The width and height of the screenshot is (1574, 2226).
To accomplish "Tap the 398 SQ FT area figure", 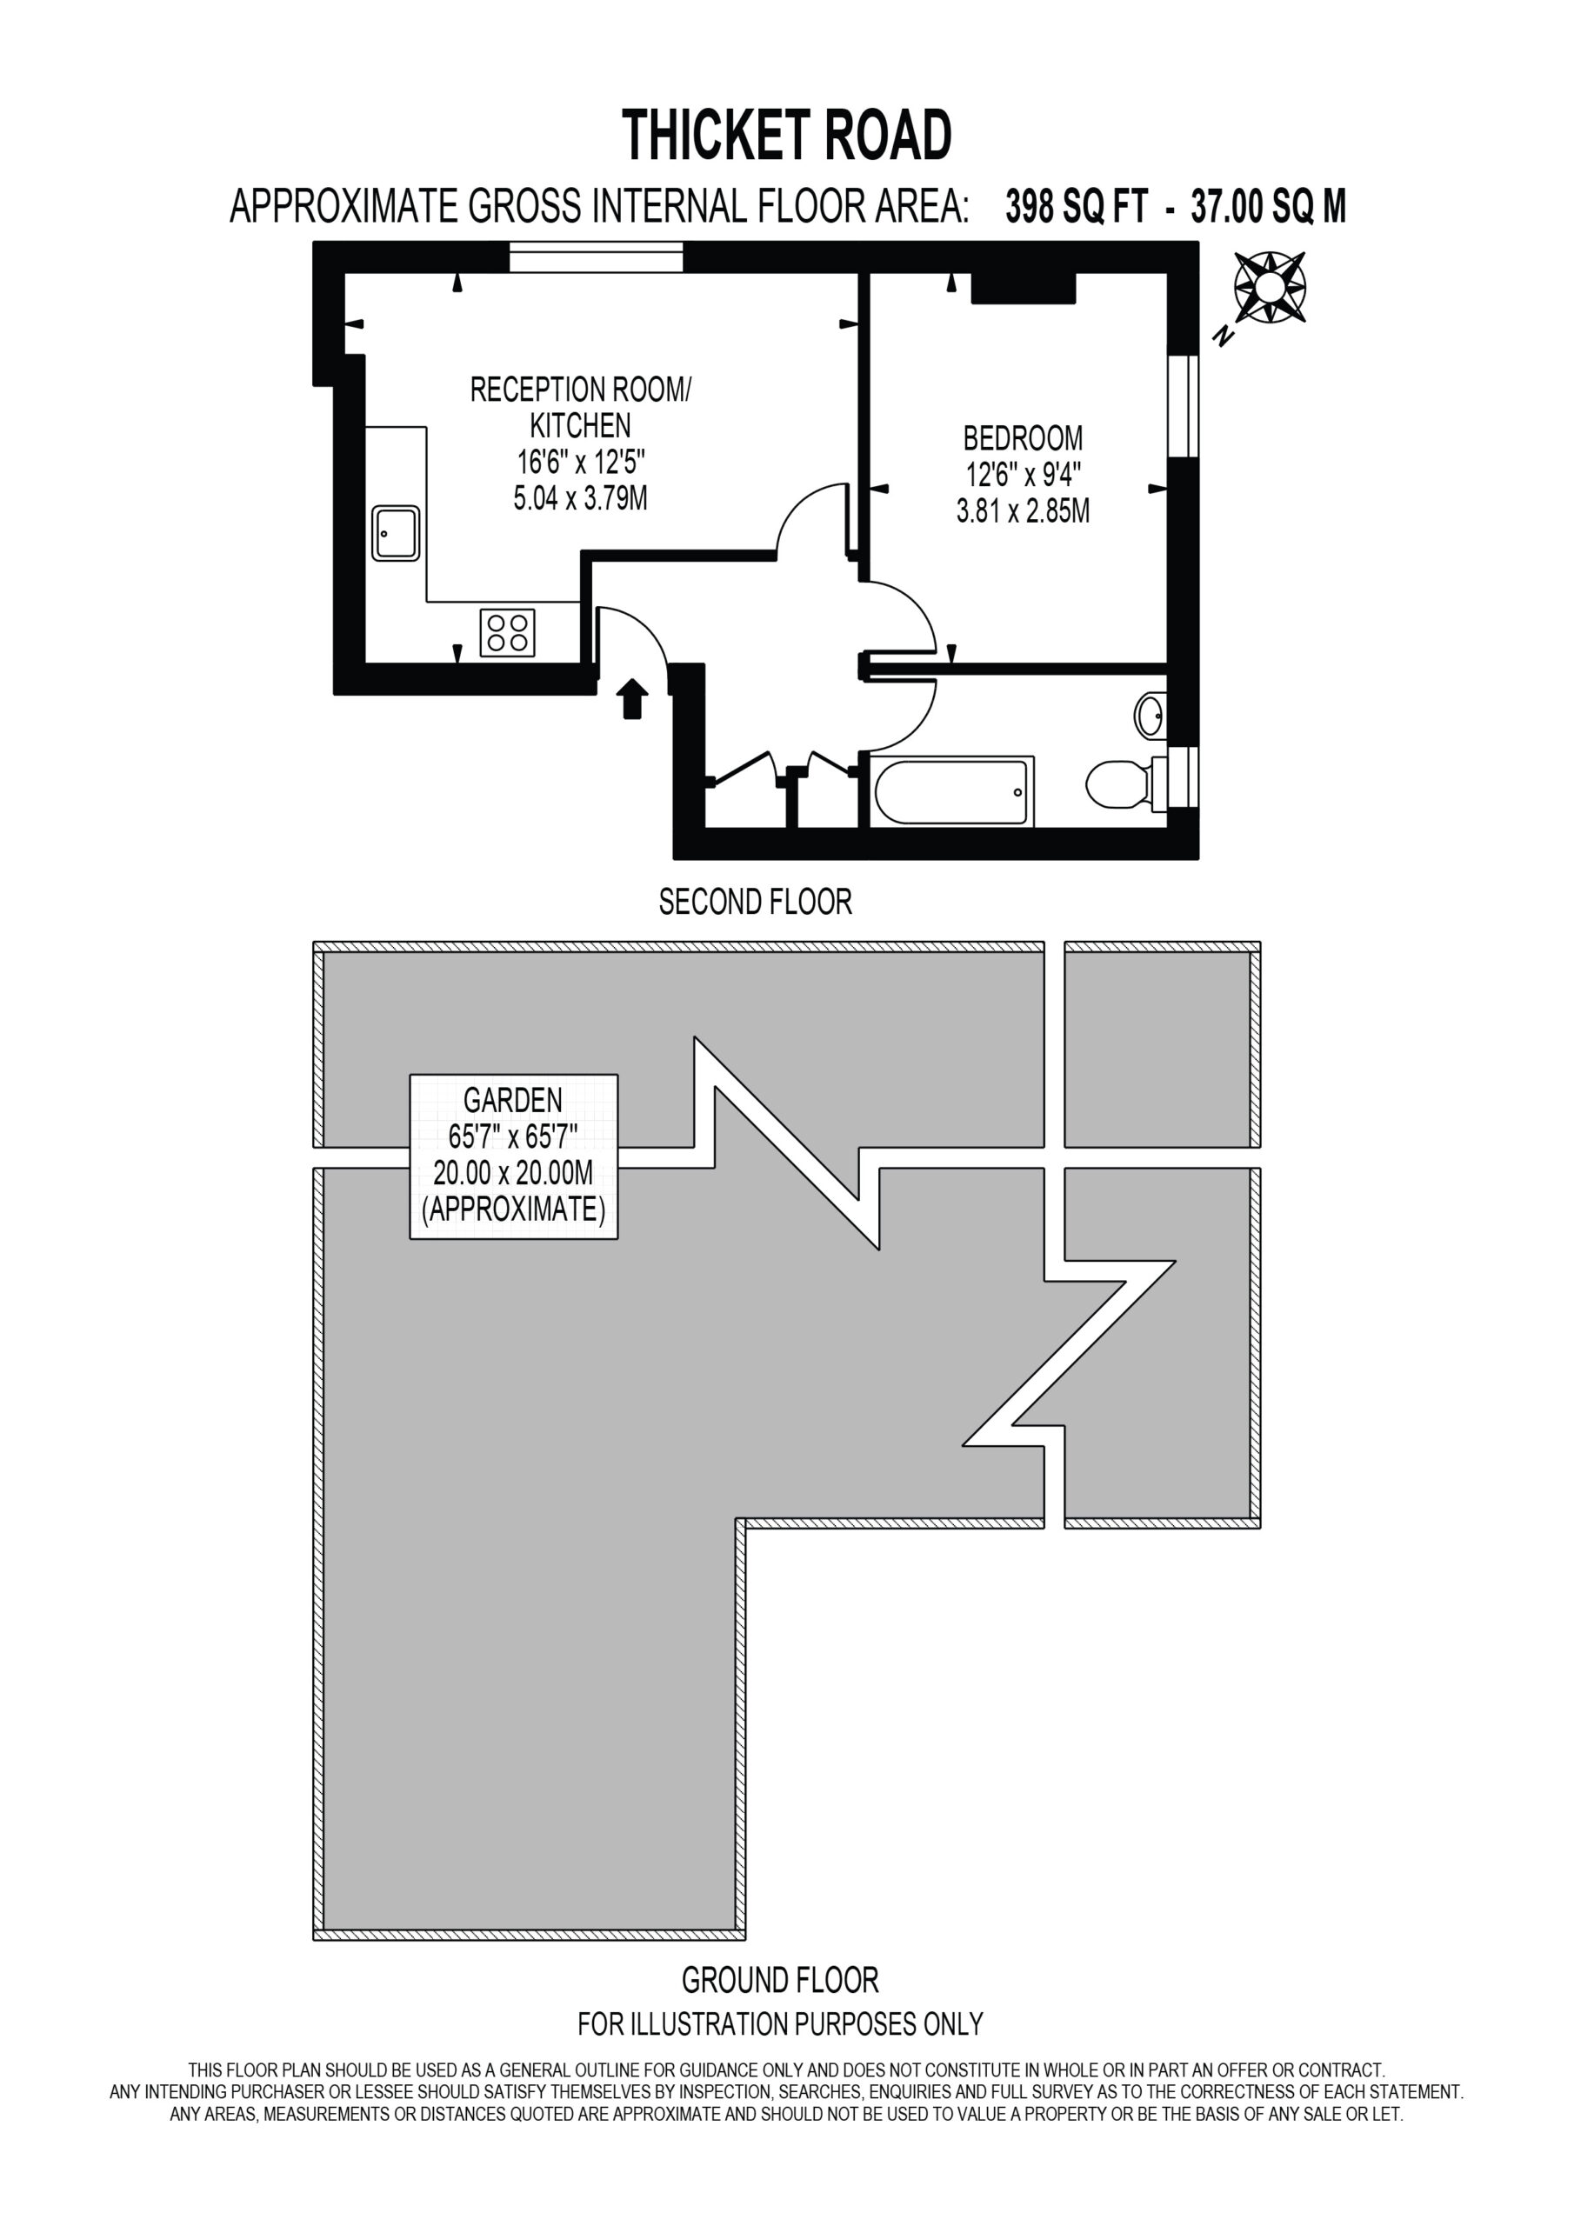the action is [x=1077, y=206].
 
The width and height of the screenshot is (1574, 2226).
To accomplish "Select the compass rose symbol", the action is [x=1270, y=287].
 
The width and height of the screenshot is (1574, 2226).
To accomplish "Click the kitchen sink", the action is [x=396, y=533].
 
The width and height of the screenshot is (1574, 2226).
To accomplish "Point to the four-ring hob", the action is [x=507, y=632].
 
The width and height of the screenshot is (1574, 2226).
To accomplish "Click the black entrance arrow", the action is [x=632, y=698].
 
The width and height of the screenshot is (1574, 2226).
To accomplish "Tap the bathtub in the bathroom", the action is [x=952, y=791].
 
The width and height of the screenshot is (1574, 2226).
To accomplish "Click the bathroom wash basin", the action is [x=1150, y=716].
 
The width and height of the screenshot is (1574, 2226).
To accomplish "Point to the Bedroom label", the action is [x=1024, y=438].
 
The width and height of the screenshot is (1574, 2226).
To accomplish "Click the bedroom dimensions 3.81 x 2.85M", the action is [x=1024, y=511].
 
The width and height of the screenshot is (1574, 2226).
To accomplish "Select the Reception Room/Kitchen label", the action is [x=580, y=407].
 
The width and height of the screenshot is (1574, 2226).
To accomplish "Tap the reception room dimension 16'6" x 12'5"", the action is [x=580, y=462].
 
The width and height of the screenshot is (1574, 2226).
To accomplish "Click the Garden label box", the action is [x=514, y=1156].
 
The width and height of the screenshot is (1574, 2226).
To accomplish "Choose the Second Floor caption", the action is [x=756, y=903].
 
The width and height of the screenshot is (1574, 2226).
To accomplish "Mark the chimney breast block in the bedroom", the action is [x=1024, y=288].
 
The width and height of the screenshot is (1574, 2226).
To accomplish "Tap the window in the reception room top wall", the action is [x=597, y=258].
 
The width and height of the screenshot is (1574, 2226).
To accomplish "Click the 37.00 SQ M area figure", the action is [x=1269, y=206].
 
